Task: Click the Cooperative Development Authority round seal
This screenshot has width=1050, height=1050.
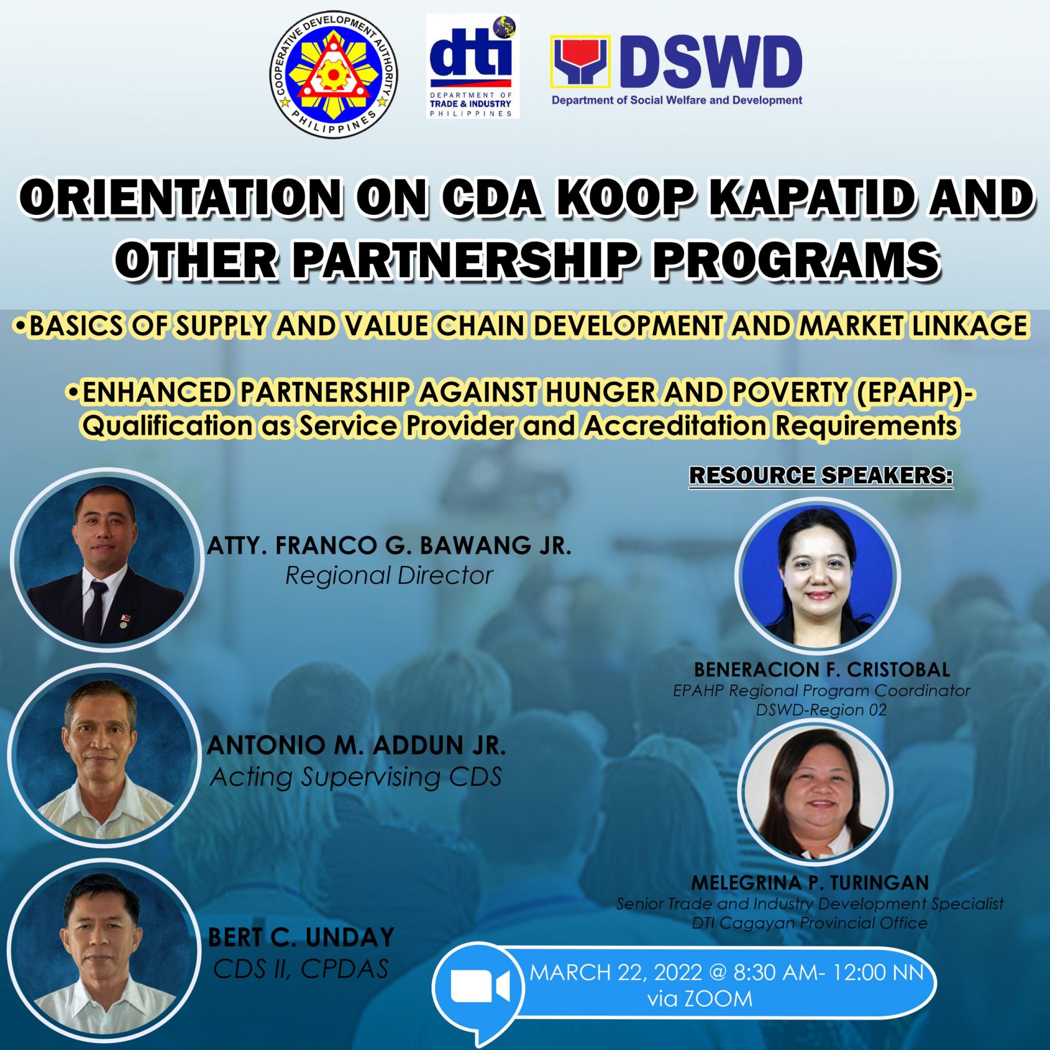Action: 334,75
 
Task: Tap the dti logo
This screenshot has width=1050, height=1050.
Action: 472,66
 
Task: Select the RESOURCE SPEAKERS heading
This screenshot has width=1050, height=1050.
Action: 820,475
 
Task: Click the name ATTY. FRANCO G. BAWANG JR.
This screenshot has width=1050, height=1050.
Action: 389,545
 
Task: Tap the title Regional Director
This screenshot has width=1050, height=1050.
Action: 389,575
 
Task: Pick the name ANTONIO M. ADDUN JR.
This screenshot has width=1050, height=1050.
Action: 357,745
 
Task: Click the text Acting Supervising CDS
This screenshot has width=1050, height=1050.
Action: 356,777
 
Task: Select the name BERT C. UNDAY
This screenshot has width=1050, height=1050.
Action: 301,937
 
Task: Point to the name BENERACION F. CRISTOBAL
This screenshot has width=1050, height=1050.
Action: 822,669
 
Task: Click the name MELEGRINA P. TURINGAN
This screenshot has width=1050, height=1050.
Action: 810,883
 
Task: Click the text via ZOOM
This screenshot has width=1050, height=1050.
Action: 700,999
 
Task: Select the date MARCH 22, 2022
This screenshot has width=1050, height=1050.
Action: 616,972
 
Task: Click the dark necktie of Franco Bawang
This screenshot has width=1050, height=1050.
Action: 96,609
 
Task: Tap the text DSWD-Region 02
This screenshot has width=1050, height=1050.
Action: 821,710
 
